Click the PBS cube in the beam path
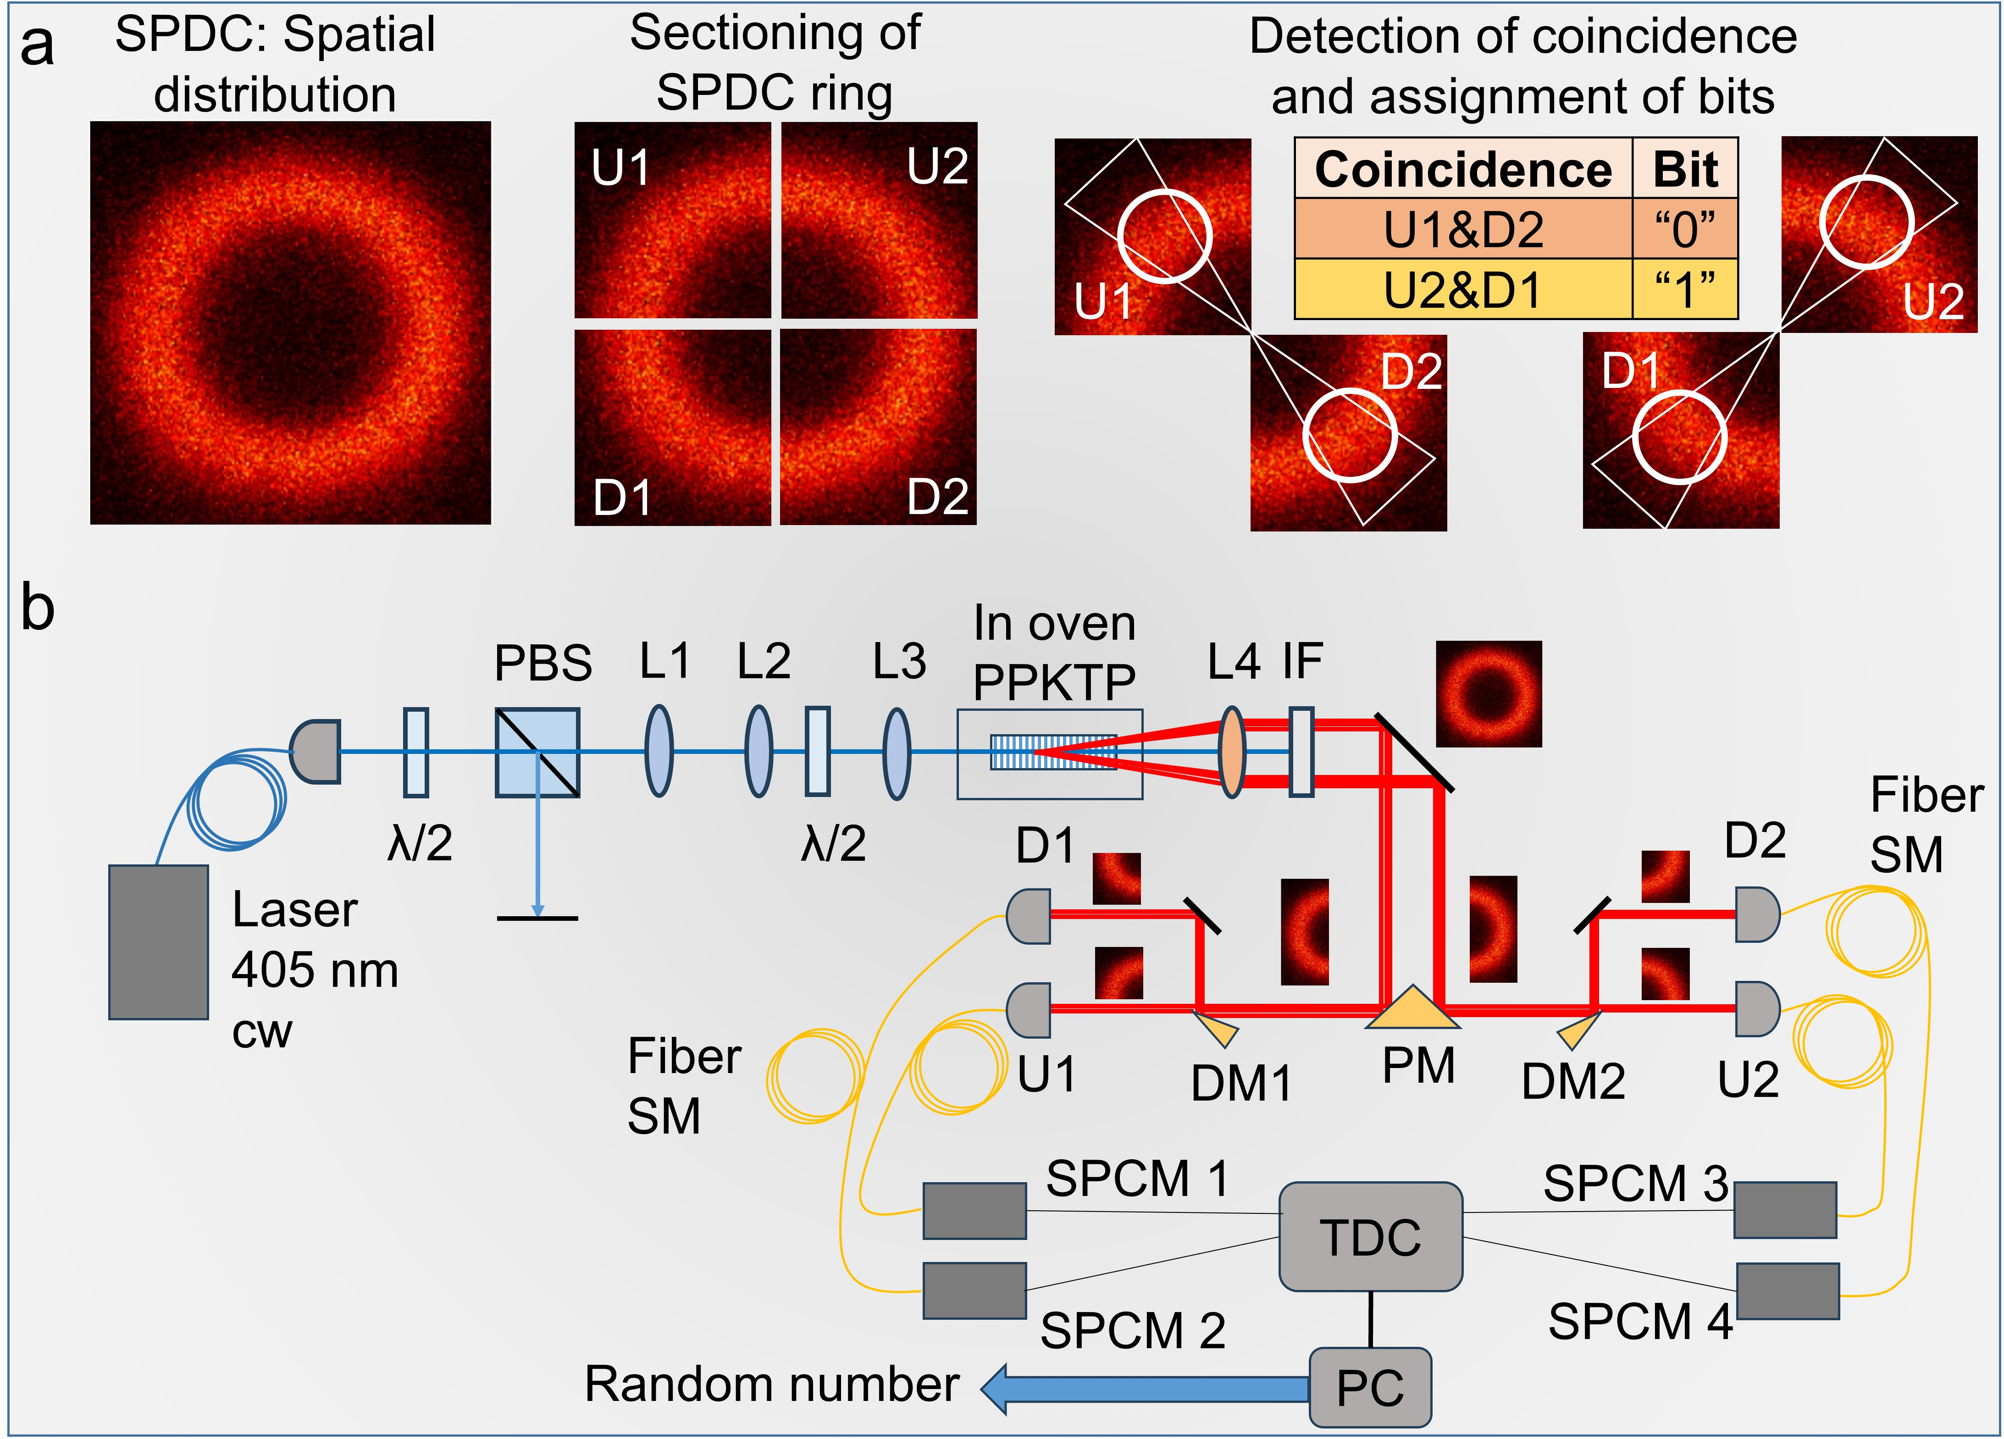[x=537, y=753]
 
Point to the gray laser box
[x=158, y=941]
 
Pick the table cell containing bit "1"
[x=1684, y=289]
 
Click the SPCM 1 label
[x=1137, y=1179]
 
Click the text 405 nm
[x=315, y=970]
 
